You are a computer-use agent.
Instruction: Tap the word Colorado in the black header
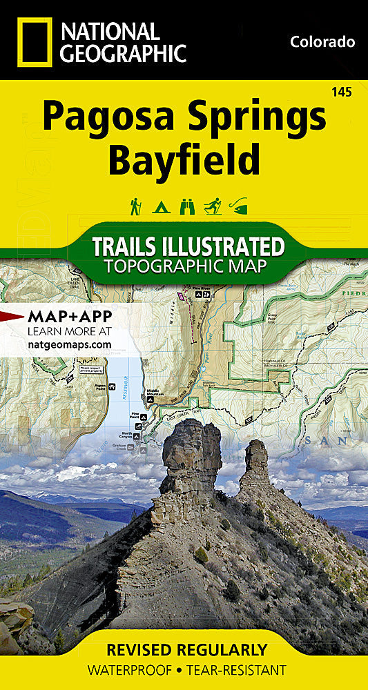(x=322, y=42)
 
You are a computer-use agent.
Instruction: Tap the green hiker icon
(x=136, y=206)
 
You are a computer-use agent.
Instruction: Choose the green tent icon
(x=160, y=206)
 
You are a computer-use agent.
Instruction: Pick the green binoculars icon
(x=185, y=206)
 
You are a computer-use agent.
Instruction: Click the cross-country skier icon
(x=211, y=206)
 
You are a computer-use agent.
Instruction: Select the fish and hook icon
(x=238, y=206)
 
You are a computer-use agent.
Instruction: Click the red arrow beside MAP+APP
(x=12, y=317)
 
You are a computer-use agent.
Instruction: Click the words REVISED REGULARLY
(x=186, y=649)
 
